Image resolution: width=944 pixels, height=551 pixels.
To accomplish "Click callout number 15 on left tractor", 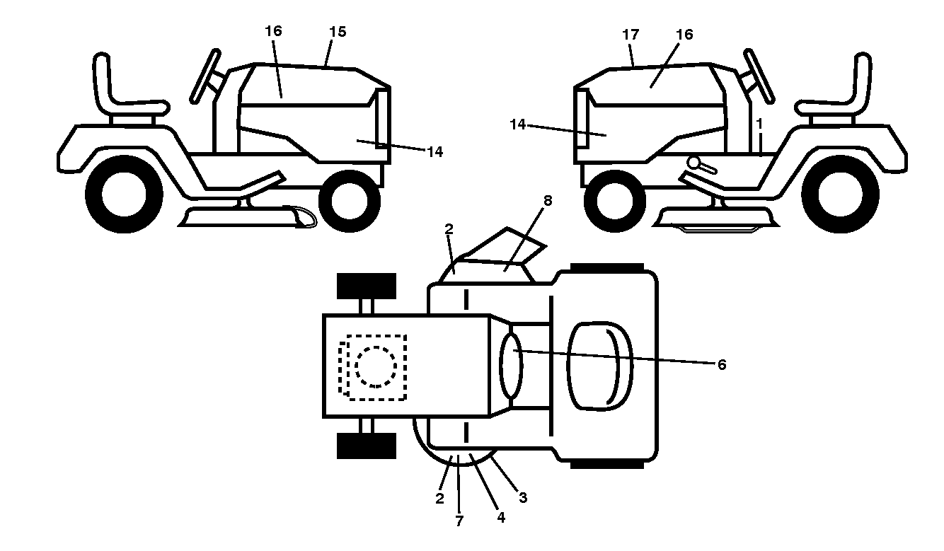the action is pyautogui.click(x=338, y=32).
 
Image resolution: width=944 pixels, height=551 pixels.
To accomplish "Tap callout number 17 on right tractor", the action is pyautogui.click(x=631, y=35).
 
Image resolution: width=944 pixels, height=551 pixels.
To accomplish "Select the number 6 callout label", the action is pyautogui.click(x=722, y=365).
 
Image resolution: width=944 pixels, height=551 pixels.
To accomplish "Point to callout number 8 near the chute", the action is pyautogui.click(x=548, y=201).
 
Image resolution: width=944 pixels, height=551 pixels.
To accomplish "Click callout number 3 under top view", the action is pyautogui.click(x=523, y=498).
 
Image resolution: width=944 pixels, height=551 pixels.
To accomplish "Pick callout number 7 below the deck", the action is pyautogui.click(x=459, y=521).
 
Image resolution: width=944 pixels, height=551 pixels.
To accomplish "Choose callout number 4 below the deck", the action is pyautogui.click(x=500, y=518).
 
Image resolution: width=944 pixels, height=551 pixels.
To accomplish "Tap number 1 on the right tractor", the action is pyautogui.click(x=759, y=124).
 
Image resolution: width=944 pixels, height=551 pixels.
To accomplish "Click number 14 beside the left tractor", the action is pyautogui.click(x=435, y=152).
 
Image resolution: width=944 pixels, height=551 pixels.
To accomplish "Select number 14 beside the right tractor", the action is pyautogui.click(x=518, y=124).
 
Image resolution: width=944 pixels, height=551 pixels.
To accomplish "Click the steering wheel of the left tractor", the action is pyautogui.click(x=205, y=76).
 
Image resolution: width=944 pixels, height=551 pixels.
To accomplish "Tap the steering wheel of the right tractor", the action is pyautogui.click(x=759, y=76).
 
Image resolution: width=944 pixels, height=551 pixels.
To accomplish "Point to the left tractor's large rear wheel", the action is pyautogui.click(x=125, y=194).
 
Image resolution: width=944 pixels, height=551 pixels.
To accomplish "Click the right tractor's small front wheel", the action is pyautogui.click(x=615, y=201).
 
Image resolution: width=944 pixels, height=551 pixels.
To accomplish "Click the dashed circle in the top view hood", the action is pyautogui.click(x=376, y=367).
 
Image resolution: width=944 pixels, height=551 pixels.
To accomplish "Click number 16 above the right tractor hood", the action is pyautogui.click(x=684, y=35).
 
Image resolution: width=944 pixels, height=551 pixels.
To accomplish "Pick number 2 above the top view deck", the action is pyautogui.click(x=449, y=229).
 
